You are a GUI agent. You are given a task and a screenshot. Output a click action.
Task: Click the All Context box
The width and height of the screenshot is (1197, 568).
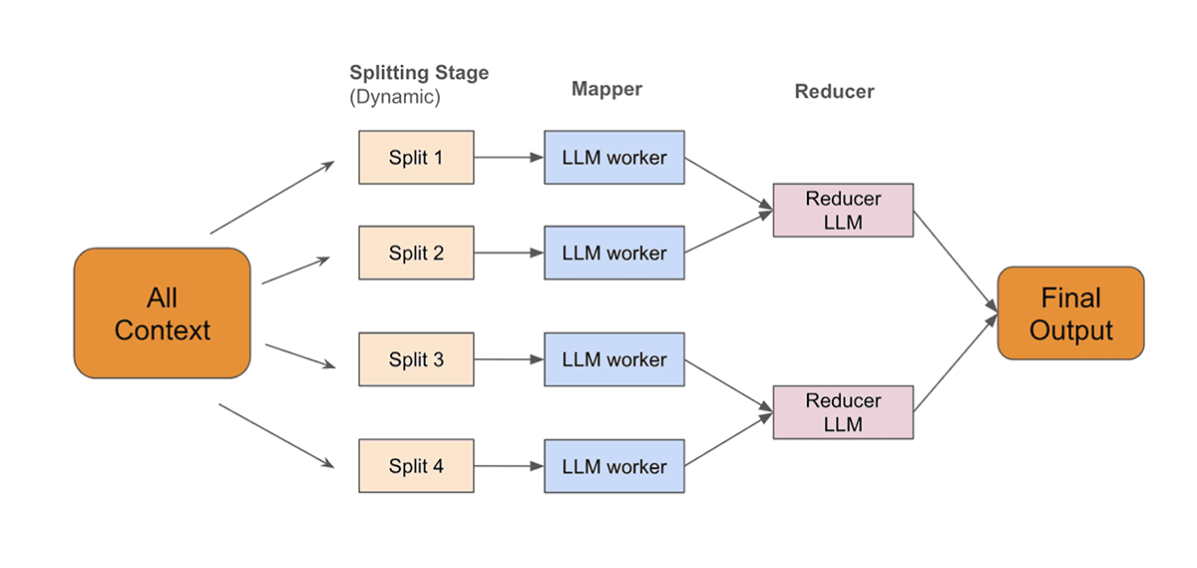pos(162,313)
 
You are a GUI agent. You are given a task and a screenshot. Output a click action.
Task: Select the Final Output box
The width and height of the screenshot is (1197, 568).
pos(1070,313)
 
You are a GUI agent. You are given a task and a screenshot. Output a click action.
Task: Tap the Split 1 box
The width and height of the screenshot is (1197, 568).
pos(416,158)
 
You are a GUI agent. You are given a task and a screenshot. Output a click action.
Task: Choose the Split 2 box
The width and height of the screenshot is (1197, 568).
pos(416,253)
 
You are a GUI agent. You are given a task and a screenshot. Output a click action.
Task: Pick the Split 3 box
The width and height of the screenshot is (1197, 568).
pos(416,359)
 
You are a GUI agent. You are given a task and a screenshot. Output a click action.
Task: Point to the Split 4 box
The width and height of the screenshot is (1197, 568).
pos(416,466)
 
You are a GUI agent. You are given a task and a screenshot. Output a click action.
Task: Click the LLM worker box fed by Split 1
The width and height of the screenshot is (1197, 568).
pos(613,158)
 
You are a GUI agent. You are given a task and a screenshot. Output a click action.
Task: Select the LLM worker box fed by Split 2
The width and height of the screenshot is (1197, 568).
pos(613,253)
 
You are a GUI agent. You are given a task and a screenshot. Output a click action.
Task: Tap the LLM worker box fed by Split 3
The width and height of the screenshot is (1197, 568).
pos(613,359)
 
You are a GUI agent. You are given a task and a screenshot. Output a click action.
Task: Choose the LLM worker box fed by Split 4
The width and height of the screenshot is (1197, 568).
pos(613,466)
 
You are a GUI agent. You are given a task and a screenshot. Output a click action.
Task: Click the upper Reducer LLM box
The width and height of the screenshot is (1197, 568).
pos(843,211)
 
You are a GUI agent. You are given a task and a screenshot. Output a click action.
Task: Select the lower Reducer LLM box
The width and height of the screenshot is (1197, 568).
pos(843,412)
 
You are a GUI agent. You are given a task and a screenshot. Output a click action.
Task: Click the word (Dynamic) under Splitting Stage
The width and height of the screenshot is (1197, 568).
pos(394,98)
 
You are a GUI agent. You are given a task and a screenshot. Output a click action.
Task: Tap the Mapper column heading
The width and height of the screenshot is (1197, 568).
pos(606,89)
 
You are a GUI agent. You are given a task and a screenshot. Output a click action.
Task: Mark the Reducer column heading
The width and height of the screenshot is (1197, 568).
pos(834,92)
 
